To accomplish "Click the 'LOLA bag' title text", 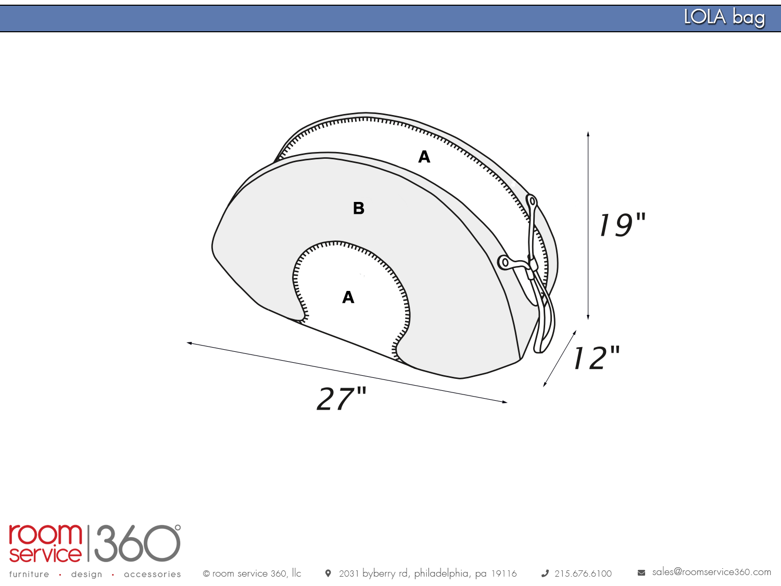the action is (x=724, y=17).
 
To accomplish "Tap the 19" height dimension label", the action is (x=622, y=224).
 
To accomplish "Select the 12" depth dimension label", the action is (x=597, y=358).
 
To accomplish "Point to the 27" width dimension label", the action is (x=342, y=399).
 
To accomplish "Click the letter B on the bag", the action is (x=359, y=208).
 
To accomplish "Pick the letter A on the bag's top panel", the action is (x=424, y=157).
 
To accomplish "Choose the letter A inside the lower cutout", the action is (x=348, y=297).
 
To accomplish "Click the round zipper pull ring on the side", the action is (x=505, y=263).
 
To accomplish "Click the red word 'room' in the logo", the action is (x=45, y=534).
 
